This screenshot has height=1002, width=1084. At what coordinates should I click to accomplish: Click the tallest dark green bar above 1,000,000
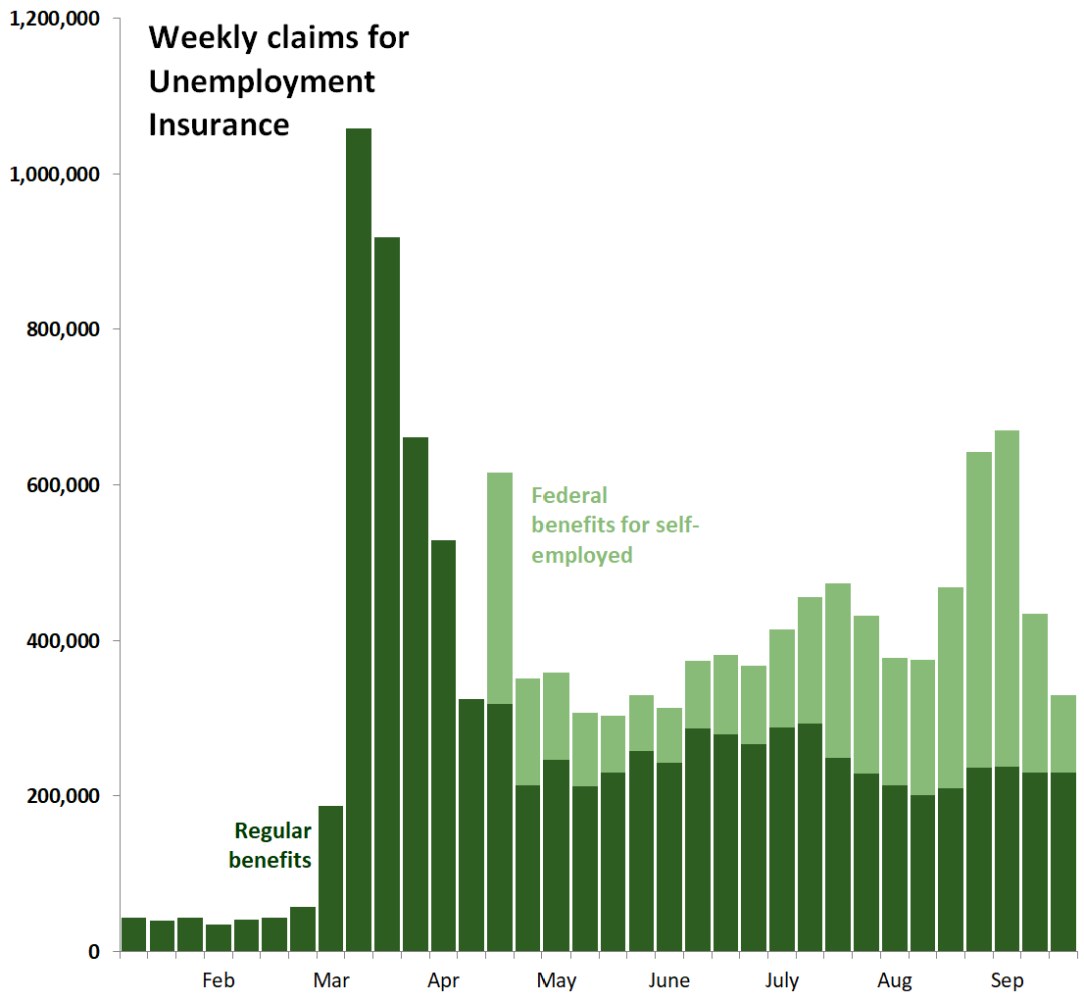click(359, 539)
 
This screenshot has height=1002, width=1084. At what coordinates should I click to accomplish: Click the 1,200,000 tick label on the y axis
click(56, 19)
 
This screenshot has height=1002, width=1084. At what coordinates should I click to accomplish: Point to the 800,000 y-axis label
click(63, 329)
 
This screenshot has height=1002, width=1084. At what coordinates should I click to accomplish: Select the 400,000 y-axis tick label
click(63, 641)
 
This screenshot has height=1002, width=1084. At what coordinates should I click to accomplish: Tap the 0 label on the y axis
click(93, 952)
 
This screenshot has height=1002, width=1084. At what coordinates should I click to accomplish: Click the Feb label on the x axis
click(219, 981)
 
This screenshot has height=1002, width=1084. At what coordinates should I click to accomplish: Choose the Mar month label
click(331, 981)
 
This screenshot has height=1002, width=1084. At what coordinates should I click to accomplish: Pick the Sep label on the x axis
click(1007, 981)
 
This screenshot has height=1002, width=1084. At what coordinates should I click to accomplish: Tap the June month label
click(668, 981)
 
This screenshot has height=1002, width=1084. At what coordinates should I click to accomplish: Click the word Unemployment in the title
click(262, 81)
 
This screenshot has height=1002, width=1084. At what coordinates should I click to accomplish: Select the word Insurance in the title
click(219, 125)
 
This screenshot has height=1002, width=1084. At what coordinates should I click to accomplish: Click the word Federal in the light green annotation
click(569, 496)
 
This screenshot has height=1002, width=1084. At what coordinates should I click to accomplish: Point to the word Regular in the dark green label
click(273, 832)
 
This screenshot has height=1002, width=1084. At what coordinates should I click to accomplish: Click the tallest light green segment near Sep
click(1008, 598)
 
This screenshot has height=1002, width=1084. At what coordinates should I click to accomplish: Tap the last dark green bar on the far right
click(1063, 862)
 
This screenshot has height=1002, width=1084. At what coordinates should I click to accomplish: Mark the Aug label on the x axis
click(895, 981)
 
